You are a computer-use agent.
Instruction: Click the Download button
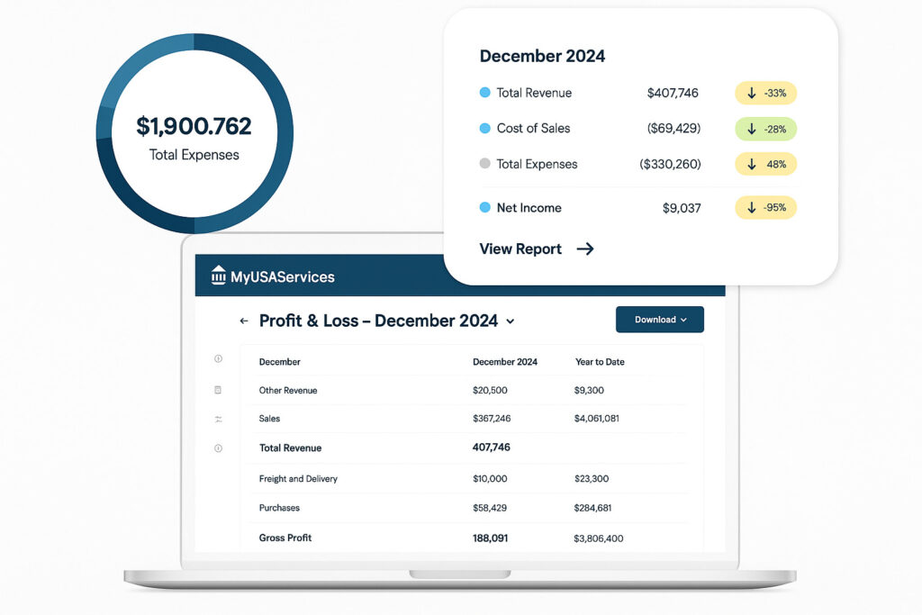[x=660, y=320]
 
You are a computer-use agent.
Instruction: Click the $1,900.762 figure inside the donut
[x=194, y=126]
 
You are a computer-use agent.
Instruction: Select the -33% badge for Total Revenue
[x=766, y=93]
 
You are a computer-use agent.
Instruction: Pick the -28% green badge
[x=766, y=129]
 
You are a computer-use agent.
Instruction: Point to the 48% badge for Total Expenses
[x=766, y=164]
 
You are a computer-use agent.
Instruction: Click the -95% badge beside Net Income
[x=766, y=208]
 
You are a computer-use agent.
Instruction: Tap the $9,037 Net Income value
[x=681, y=208]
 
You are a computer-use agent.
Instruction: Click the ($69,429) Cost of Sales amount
[x=673, y=129]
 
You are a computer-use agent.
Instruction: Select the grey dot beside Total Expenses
[x=485, y=164]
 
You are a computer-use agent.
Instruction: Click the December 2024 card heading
[x=542, y=56]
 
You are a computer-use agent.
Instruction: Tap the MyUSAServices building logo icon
[x=219, y=276]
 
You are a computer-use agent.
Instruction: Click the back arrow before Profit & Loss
[x=243, y=321]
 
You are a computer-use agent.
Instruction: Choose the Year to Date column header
[x=600, y=362]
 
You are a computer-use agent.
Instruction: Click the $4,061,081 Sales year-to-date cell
[x=596, y=419]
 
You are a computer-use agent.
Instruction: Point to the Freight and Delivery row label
[x=298, y=479]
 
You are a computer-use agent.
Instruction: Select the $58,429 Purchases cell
[x=490, y=508]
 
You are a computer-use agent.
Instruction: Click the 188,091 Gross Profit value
[x=493, y=538]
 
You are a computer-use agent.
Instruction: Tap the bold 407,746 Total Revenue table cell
[x=492, y=448]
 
